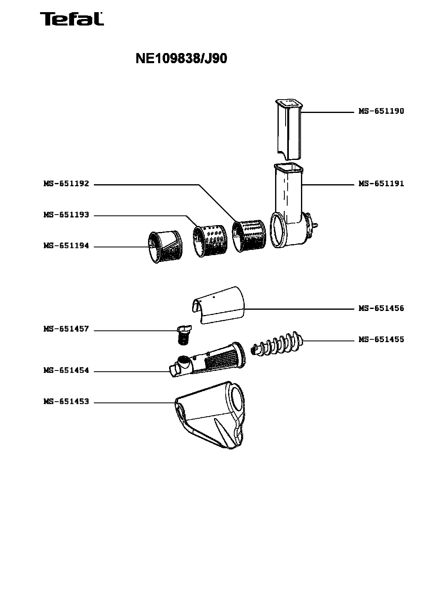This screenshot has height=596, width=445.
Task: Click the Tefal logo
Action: [x=72, y=19]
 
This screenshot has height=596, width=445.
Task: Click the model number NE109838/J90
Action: [x=181, y=59]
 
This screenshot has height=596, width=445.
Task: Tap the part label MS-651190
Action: [x=381, y=111]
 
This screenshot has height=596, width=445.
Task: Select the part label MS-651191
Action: [x=381, y=184]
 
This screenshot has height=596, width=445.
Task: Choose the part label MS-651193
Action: [x=66, y=215]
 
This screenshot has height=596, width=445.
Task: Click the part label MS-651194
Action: [x=66, y=246]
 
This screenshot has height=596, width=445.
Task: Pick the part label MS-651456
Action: [x=381, y=309]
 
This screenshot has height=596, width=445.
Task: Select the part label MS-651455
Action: [x=381, y=340]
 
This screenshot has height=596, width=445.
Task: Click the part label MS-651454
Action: [x=66, y=370]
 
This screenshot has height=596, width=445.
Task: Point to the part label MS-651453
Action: [x=66, y=402]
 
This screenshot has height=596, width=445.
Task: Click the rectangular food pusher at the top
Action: [x=289, y=130]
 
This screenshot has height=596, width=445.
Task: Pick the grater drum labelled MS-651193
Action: [x=210, y=241]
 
